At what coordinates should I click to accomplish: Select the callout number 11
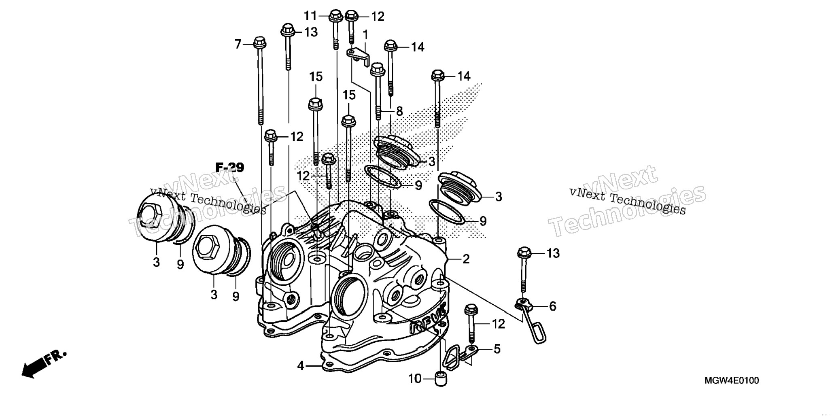310,16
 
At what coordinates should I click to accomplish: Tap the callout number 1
365,35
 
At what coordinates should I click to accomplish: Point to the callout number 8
399,111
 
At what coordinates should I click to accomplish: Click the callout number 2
466,259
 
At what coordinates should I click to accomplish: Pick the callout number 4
300,366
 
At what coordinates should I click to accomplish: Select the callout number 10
415,379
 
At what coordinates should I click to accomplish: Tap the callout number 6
552,306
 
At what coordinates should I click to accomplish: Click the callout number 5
497,349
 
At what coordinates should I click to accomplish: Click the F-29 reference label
230,167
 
